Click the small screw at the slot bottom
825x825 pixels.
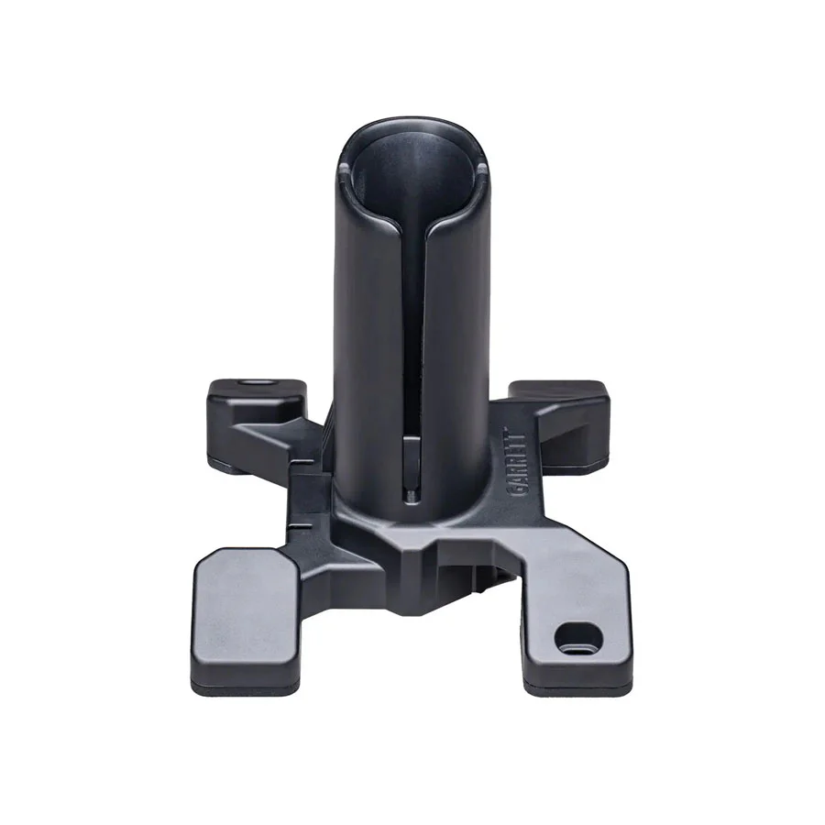point(411,494)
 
